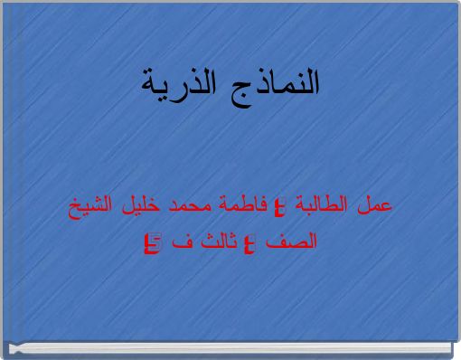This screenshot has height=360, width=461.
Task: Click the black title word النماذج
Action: click(277, 83)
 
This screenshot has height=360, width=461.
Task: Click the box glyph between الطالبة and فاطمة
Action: click(279, 206)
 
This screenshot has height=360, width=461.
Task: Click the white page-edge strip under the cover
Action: click(226, 345)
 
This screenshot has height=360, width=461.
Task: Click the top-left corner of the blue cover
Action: click(3, 3)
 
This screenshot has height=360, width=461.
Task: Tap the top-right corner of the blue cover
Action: click(457, 3)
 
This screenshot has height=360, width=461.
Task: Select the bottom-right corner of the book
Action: click(456, 355)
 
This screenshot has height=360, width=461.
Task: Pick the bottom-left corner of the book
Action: click(5, 355)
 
